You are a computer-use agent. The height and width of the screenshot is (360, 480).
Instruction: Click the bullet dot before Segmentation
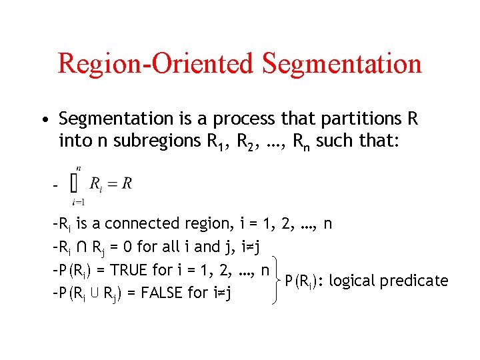[43, 121]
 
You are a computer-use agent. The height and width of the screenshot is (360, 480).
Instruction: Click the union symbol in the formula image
[77, 183]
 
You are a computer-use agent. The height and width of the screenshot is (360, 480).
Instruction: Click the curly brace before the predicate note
[274, 281]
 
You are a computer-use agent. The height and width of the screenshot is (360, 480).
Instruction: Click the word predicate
[416, 281]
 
